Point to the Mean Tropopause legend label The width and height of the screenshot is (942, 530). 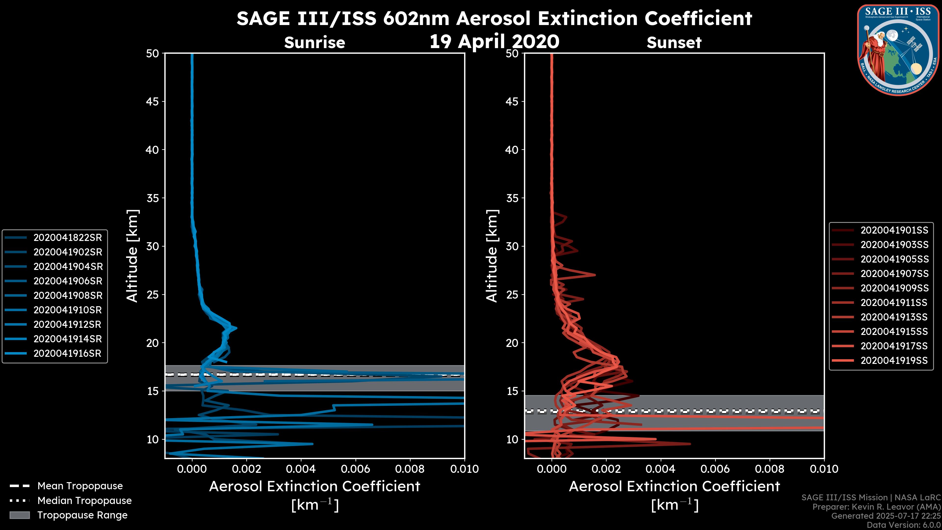click(80, 486)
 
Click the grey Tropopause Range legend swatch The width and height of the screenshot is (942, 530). click(19, 515)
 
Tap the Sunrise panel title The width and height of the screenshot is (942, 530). click(314, 43)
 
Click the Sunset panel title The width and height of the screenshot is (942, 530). click(674, 43)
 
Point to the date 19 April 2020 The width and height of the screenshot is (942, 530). click(494, 41)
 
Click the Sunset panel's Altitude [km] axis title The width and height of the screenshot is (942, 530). click(492, 256)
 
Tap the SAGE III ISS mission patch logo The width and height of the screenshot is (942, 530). click(898, 50)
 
